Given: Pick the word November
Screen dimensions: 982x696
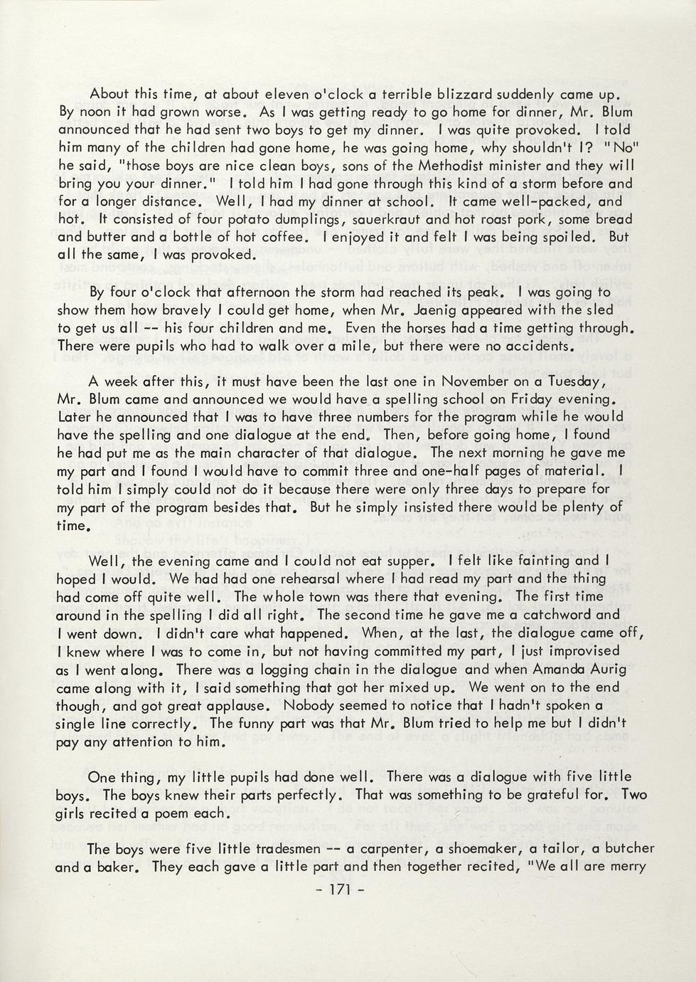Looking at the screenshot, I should tap(474, 381).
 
